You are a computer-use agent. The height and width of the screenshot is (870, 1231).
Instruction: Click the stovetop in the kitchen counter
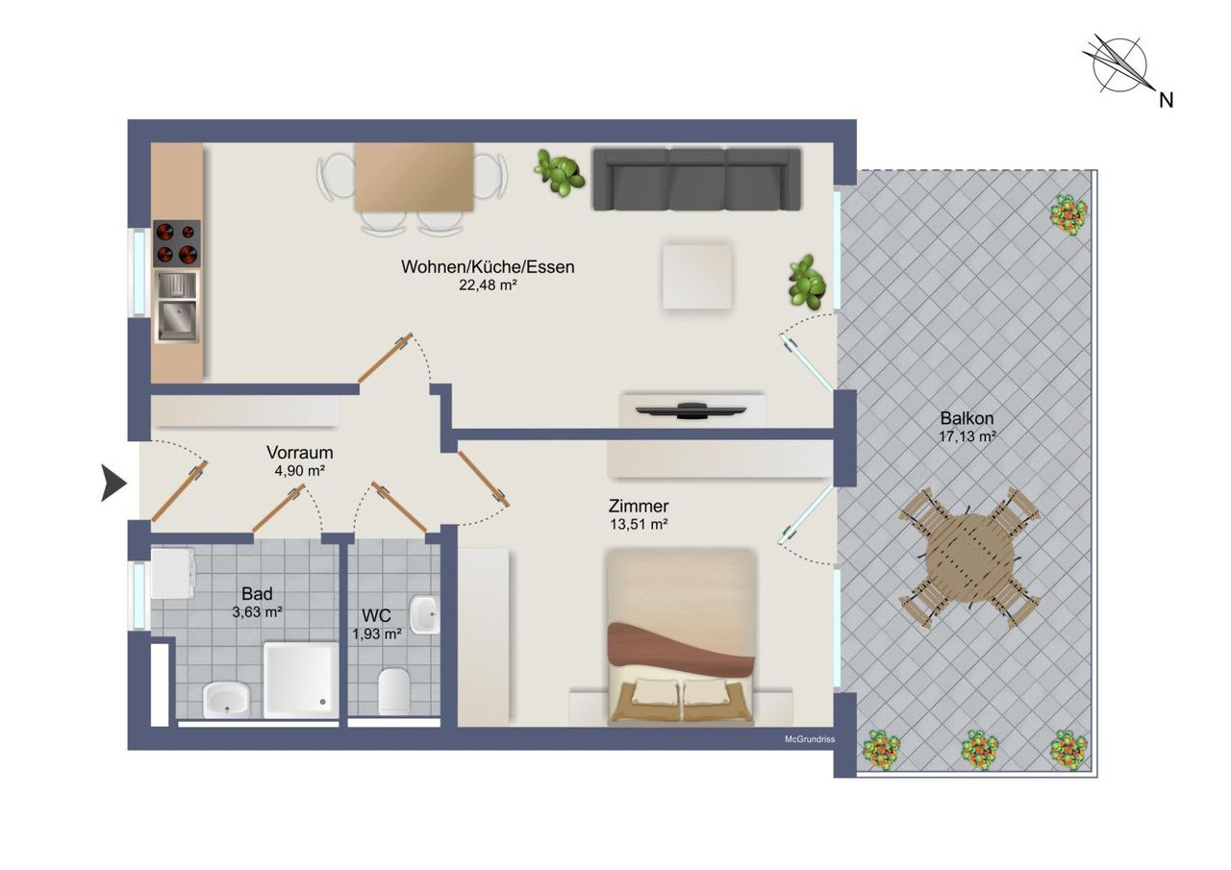coord(176,243)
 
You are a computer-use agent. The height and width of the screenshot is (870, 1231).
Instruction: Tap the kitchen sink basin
coord(177,321)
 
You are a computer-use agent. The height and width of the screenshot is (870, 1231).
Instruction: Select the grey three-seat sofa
coord(696,179)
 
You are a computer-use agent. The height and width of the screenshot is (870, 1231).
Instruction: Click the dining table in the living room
coord(414,177)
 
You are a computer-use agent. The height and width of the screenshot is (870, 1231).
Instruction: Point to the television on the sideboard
coord(691,410)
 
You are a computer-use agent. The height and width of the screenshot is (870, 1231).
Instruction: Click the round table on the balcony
coord(968,558)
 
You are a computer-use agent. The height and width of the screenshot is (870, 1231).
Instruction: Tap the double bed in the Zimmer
coord(681,636)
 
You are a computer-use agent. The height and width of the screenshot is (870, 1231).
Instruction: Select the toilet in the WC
coord(394,691)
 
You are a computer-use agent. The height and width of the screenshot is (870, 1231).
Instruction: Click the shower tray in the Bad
coord(301,680)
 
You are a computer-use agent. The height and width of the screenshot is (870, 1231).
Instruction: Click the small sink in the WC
coord(425,615)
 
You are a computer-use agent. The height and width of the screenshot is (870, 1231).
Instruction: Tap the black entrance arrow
coord(113,483)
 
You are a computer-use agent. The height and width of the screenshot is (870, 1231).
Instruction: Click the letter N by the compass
coord(1167,101)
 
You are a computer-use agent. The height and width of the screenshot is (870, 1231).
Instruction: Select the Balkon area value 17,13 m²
coord(967,436)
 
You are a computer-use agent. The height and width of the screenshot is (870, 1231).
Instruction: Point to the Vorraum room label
coord(299,453)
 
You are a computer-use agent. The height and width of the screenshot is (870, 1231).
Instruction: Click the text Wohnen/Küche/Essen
coord(488,267)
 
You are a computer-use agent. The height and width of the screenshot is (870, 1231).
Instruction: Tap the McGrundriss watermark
coord(810,739)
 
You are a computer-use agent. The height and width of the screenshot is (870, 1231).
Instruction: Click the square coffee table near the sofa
coord(697,276)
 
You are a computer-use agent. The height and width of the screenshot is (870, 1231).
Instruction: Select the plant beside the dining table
coord(559,172)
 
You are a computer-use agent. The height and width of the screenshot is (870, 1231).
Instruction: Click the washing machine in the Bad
coord(172,573)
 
